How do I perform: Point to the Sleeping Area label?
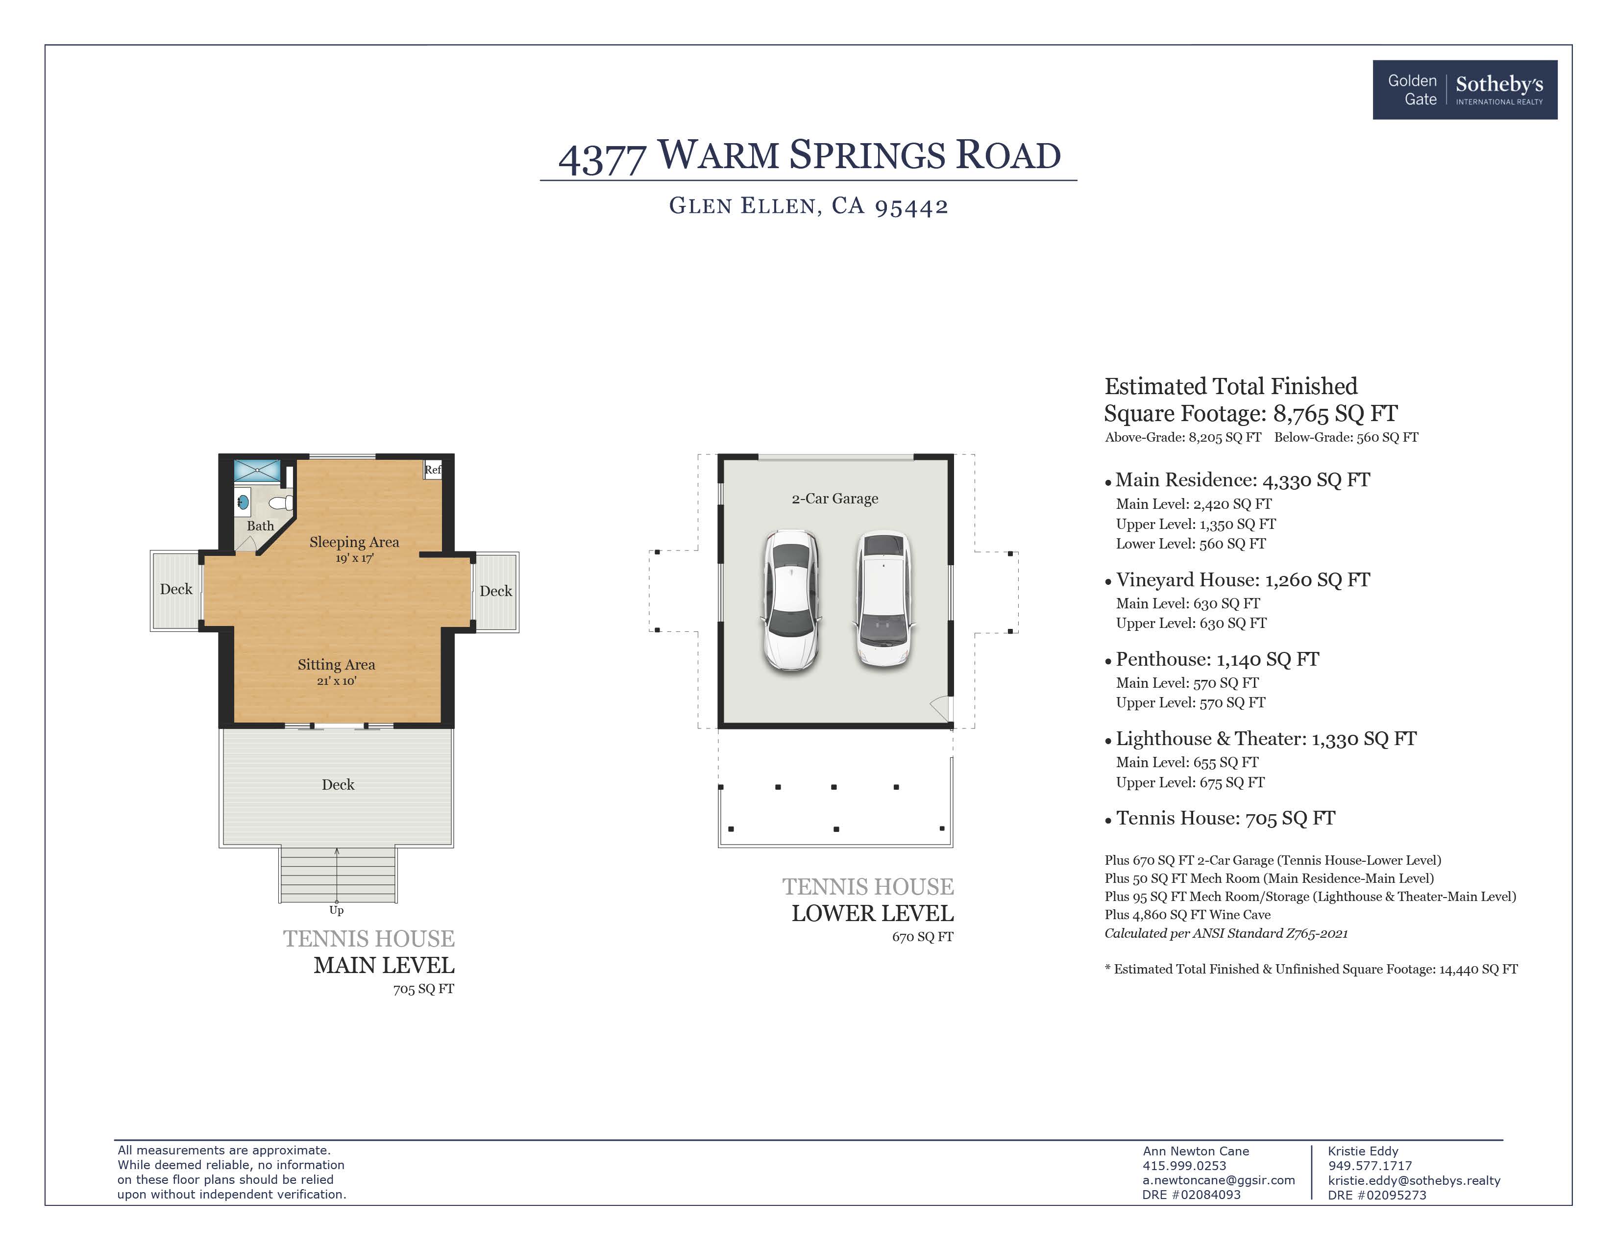coord(354,542)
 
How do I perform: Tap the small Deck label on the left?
coord(176,589)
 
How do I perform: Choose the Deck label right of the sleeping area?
coord(495,591)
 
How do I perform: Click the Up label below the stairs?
coord(336,910)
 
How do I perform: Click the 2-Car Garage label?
coord(834,499)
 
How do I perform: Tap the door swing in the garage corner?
coord(940,707)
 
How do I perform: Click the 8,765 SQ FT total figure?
coord(1335,413)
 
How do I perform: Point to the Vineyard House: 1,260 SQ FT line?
coord(1242,580)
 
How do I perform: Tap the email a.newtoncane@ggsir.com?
coord(1218,1180)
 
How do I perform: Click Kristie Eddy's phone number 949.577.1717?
coord(1370,1166)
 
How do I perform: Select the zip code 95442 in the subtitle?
coord(911,206)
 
